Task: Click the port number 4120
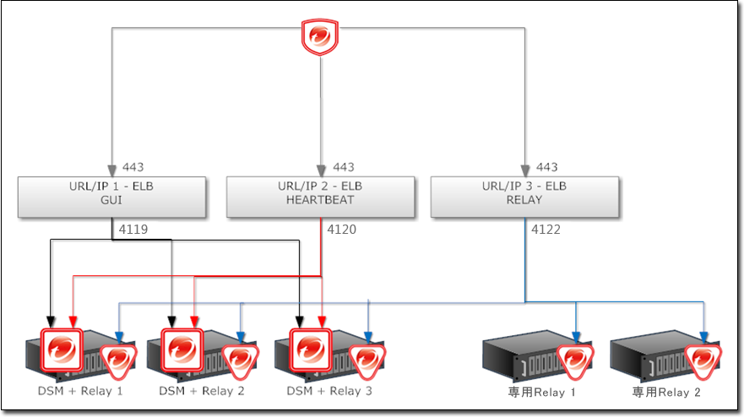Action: (x=342, y=228)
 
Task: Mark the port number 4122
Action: (x=546, y=228)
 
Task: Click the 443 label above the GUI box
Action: (x=133, y=167)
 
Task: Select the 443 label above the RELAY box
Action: (x=547, y=167)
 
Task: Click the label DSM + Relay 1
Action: (x=80, y=391)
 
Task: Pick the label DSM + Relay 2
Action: (x=202, y=391)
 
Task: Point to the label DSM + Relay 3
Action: (x=329, y=391)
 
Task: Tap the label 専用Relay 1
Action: (x=542, y=392)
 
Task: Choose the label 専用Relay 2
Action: (x=667, y=392)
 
